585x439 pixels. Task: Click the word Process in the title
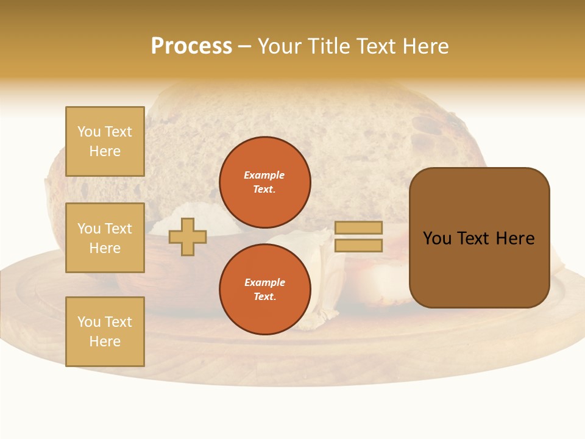[x=191, y=46]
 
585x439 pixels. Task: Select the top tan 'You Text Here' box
[x=105, y=141]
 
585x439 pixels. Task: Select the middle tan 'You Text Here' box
[x=105, y=238]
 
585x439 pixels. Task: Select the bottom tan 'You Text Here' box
[x=105, y=332]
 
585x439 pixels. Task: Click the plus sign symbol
[x=188, y=237]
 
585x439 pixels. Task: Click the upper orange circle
[x=264, y=182]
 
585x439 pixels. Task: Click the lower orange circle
[x=264, y=290]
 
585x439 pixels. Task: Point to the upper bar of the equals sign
[x=358, y=227]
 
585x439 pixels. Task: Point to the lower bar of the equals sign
[x=358, y=245]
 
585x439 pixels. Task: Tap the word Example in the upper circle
[x=264, y=175]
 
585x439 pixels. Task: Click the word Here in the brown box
[x=515, y=238]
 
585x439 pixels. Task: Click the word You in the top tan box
[x=89, y=132]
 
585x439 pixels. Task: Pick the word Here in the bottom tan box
[x=105, y=341]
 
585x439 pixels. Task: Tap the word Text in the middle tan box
[x=118, y=229]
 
